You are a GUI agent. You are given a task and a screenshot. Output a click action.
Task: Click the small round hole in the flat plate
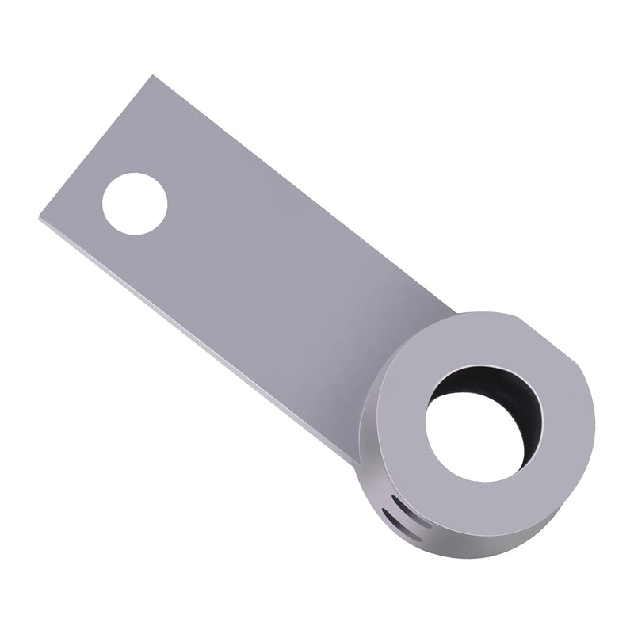pyautogui.click(x=135, y=204)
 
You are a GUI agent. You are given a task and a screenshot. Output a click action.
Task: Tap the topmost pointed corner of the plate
pyautogui.click(x=151, y=76)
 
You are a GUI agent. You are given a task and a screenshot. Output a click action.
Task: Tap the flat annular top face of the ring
pyautogui.click(x=412, y=380)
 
